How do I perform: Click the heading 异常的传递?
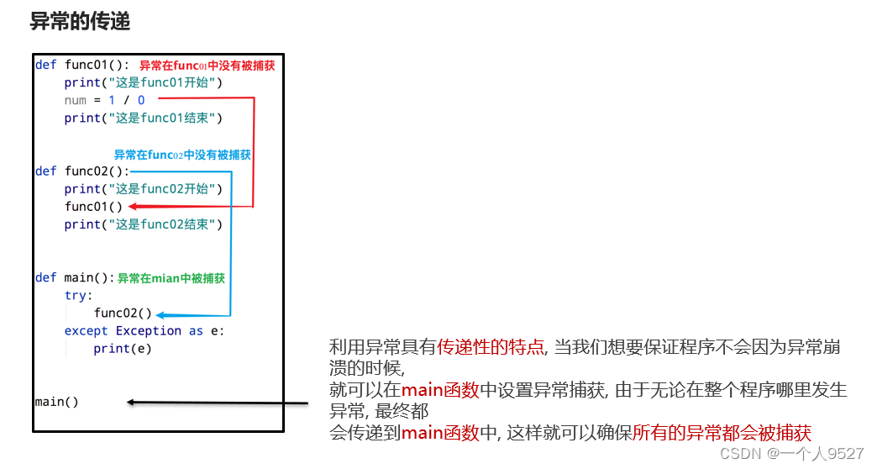[x=80, y=22]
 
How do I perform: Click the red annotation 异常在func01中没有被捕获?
[x=207, y=66]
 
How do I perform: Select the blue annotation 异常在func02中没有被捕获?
[x=182, y=155]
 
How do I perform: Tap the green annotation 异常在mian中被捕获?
[x=171, y=278]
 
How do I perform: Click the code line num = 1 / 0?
[x=104, y=100]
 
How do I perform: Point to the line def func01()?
[x=82, y=65]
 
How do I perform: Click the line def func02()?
[x=82, y=171]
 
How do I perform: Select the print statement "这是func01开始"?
[x=143, y=82]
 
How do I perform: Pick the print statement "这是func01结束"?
[x=143, y=119]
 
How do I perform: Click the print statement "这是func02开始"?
[x=143, y=189]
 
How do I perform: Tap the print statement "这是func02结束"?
[x=143, y=224]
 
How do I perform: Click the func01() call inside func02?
[x=93, y=207]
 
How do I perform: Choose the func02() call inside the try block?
[x=123, y=314]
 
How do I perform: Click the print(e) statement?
[x=123, y=349]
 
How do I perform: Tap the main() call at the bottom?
[x=56, y=402]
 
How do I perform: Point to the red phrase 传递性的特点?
[x=491, y=347]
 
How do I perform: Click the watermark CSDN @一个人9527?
[x=791, y=454]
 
